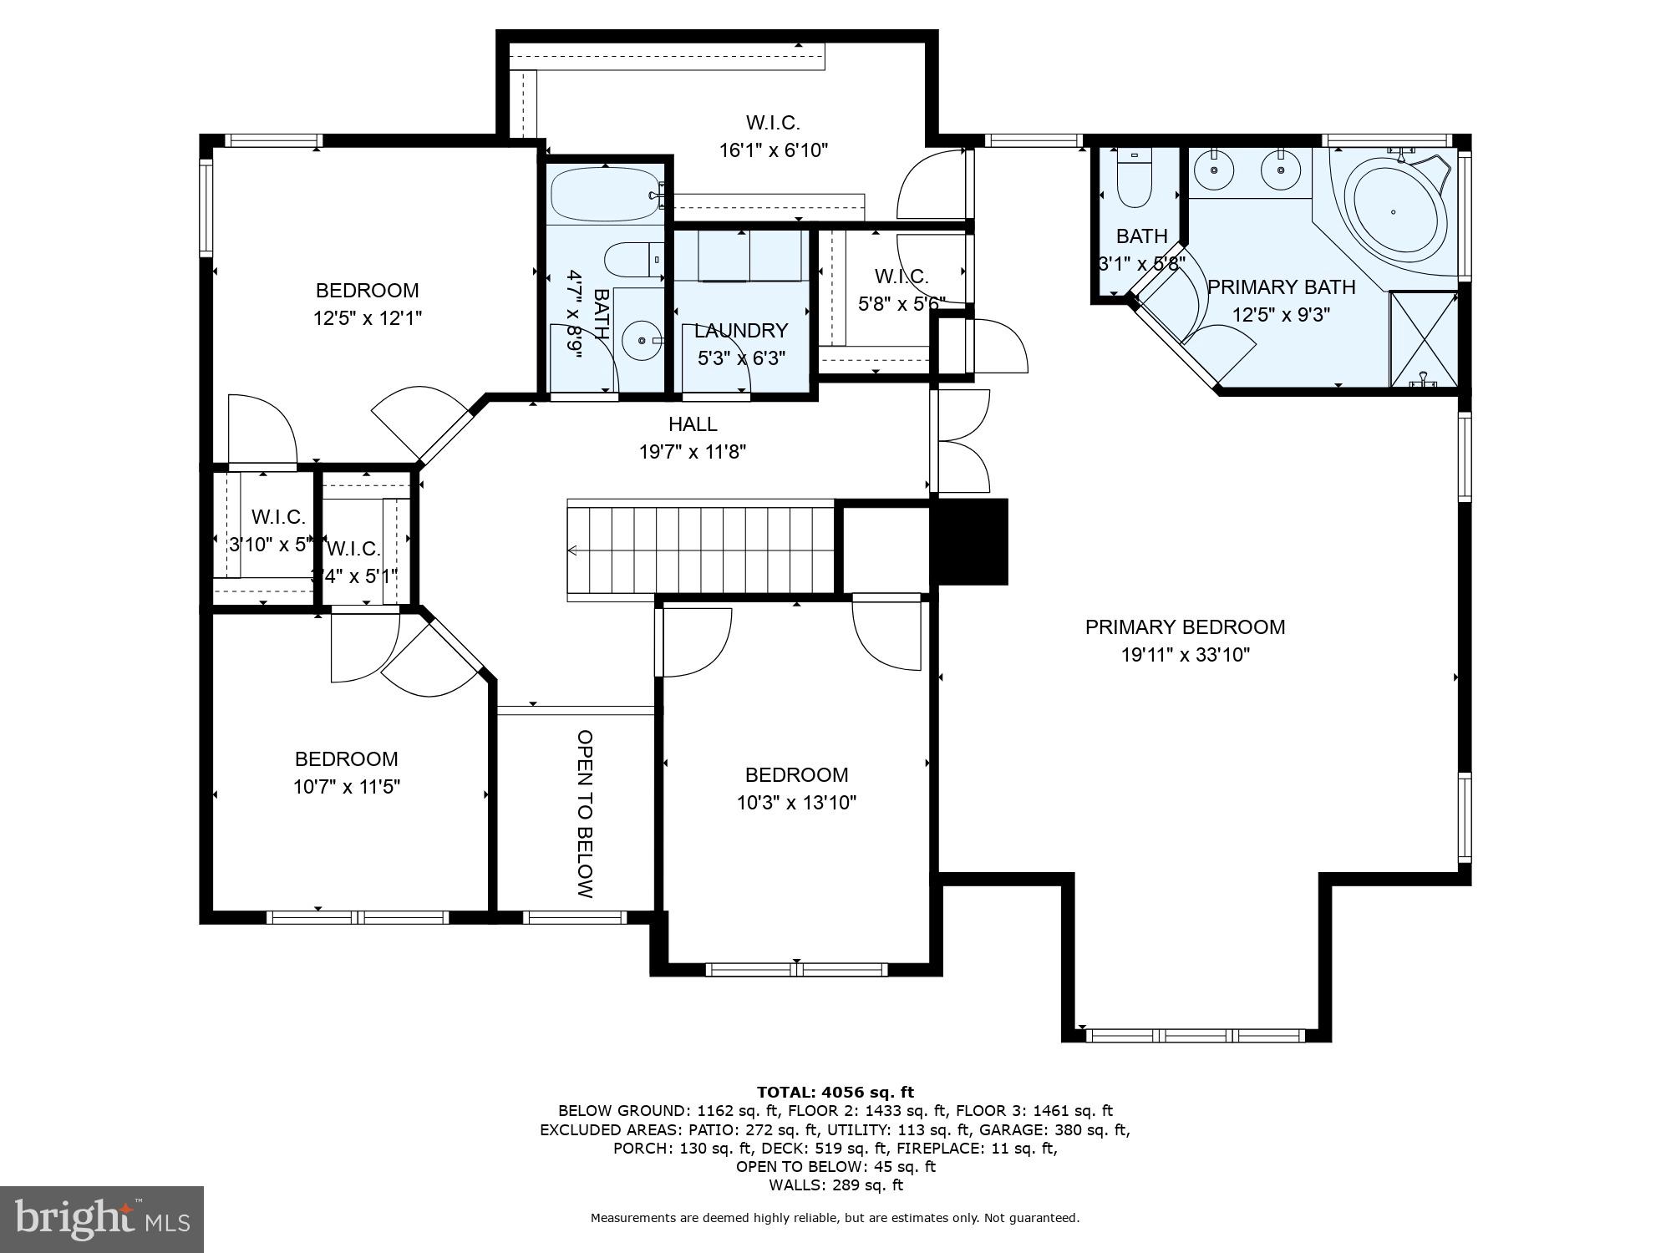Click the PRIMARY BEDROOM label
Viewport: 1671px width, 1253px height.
pyautogui.click(x=1185, y=626)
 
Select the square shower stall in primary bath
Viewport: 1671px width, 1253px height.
pyautogui.click(x=1424, y=338)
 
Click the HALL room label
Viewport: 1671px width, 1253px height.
pyautogui.click(x=693, y=424)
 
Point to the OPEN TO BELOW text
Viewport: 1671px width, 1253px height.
pyautogui.click(x=585, y=814)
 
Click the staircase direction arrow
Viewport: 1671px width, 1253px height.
pyautogui.click(x=573, y=550)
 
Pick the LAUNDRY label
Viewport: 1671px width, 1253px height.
pyautogui.click(x=741, y=331)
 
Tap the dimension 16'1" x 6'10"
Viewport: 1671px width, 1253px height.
pyautogui.click(x=773, y=150)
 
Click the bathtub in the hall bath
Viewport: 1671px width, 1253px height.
pyautogui.click(x=604, y=194)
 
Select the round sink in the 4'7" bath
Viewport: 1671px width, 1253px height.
pyautogui.click(x=642, y=341)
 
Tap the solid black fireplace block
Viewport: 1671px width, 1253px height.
pyautogui.click(x=970, y=541)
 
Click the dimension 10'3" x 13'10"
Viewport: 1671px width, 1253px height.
pyautogui.click(x=796, y=803)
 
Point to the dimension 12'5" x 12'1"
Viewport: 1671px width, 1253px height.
pyautogui.click(x=368, y=318)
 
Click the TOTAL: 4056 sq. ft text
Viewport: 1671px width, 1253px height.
pyautogui.click(x=835, y=1092)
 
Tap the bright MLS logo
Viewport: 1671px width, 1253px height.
pyautogui.click(x=101, y=1220)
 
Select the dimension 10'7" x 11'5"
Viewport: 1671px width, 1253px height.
pyautogui.click(x=347, y=787)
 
